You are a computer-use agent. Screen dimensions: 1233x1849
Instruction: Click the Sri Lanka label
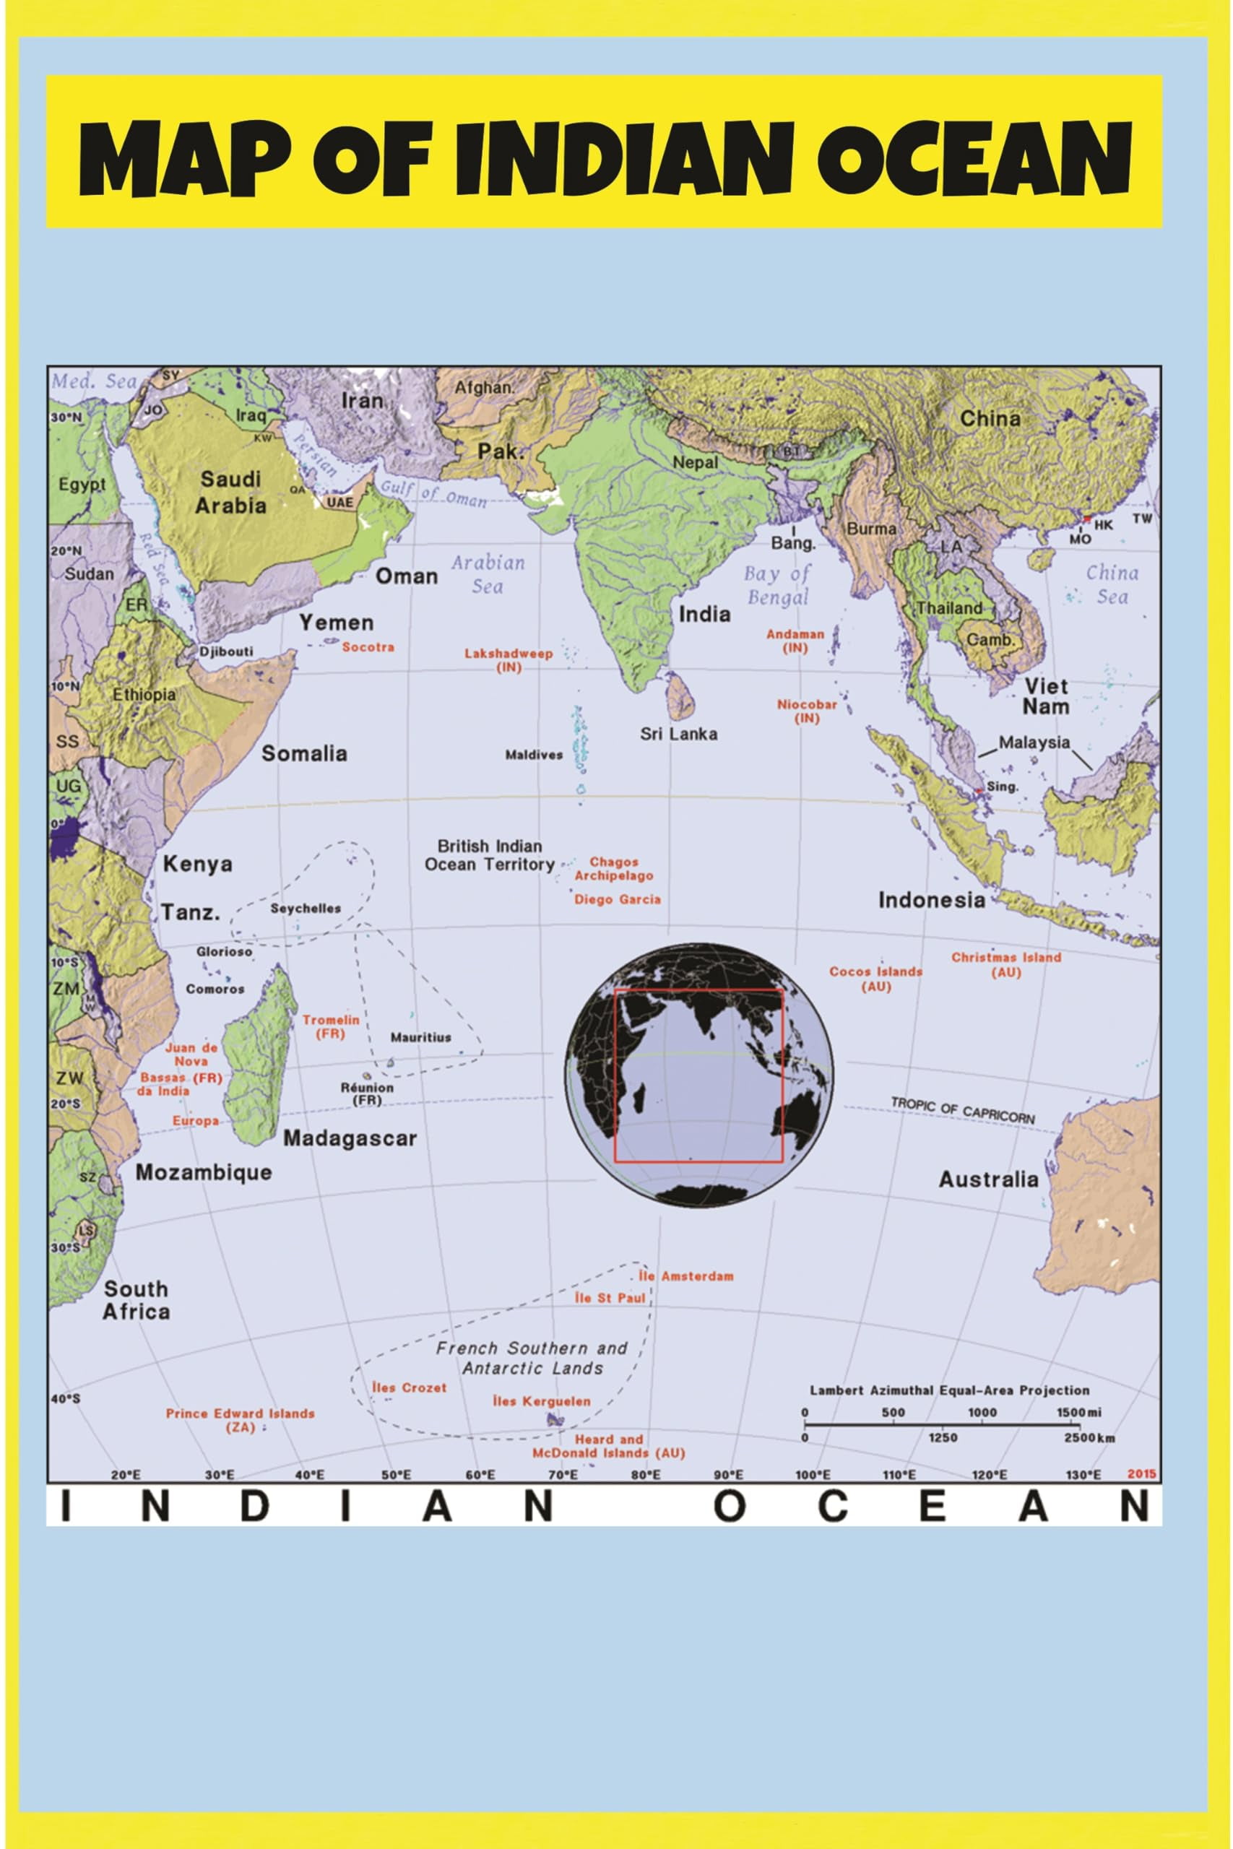pyautogui.click(x=678, y=734)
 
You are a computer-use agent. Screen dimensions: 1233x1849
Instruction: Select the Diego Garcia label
pyautogui.click(x=618, y=899)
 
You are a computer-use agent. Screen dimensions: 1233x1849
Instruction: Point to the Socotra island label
pyautogui.click(x=368, y=647)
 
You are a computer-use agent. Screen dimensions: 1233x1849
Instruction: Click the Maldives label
pyautogui.click(x=534, y=755)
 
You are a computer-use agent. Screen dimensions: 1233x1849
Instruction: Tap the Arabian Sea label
pyautogui.click(x=488, y=574)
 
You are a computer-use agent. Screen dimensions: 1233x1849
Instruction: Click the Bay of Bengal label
pyautogui.click(x=777, y=585)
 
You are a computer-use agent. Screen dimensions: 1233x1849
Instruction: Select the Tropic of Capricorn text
pyautogui.click(x=963, y=1111)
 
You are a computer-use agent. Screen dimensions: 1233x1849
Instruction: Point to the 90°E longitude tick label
pyautogui.click(x=728, y=1474)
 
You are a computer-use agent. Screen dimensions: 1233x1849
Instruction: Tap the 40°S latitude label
pyautogui.click(x=65, y=1398)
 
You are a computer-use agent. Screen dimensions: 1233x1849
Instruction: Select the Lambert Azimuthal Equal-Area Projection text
pyautogui.click(x=949, y=1390)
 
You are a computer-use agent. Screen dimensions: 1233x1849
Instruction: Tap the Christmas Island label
pyautogui.click(x=1005, y=965)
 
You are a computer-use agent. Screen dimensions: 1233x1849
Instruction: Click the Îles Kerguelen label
pyautogui.click(x=541, y=1401)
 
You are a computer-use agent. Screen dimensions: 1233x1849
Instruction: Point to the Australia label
pyautogui.click(x=987, y=1179)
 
